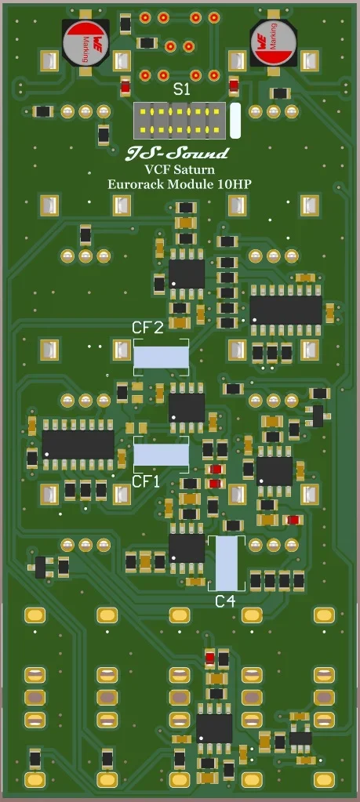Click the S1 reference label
pos(181,90)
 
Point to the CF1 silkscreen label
pos(145,481)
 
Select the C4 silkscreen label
pos(225,601)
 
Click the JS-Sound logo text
pos(178,153)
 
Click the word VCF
pos(157,169)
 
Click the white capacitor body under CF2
pos(161,357)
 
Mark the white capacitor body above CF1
pos(161,455)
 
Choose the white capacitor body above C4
pos(226,563)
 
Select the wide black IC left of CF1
pos(78,445)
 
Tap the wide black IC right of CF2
pos(285,310)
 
